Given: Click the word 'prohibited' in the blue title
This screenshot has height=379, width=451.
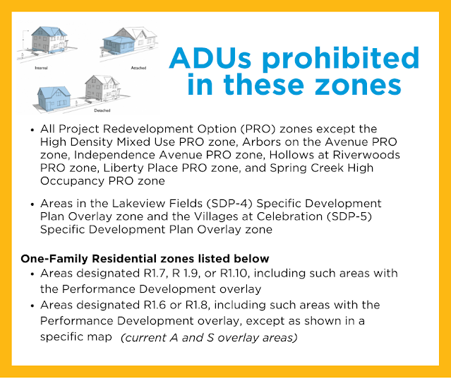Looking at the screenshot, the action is (x=341, y=59).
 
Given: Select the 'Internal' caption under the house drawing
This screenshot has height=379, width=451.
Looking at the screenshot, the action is (x=41, y=68).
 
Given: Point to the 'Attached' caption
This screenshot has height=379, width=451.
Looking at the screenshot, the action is (x=138, y=68).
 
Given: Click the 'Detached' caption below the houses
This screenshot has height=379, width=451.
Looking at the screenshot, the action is (x=102, y=110).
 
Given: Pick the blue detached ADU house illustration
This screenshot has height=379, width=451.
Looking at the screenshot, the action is (x=54, y=98).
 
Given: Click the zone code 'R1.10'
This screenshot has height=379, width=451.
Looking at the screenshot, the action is (x=234, y=273).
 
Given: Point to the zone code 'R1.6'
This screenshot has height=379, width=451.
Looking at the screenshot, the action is (x=155, y=305).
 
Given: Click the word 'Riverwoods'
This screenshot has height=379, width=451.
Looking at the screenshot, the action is (x=366, y=155).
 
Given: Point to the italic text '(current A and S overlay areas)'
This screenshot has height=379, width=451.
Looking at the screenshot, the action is (x=209, y=337).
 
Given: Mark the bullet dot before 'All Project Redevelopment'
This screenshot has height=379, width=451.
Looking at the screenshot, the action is (x=32, y=129).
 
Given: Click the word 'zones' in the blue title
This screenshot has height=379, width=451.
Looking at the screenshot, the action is (x=358, y=85).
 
